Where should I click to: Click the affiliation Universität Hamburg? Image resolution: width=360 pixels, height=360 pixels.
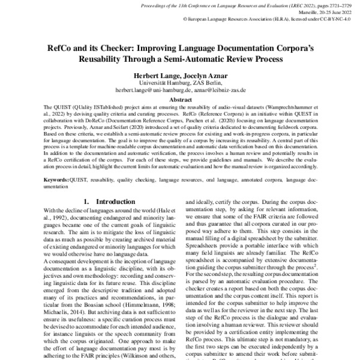pos(157,83)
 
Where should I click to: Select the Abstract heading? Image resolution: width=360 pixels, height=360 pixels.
pos(180,100)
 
